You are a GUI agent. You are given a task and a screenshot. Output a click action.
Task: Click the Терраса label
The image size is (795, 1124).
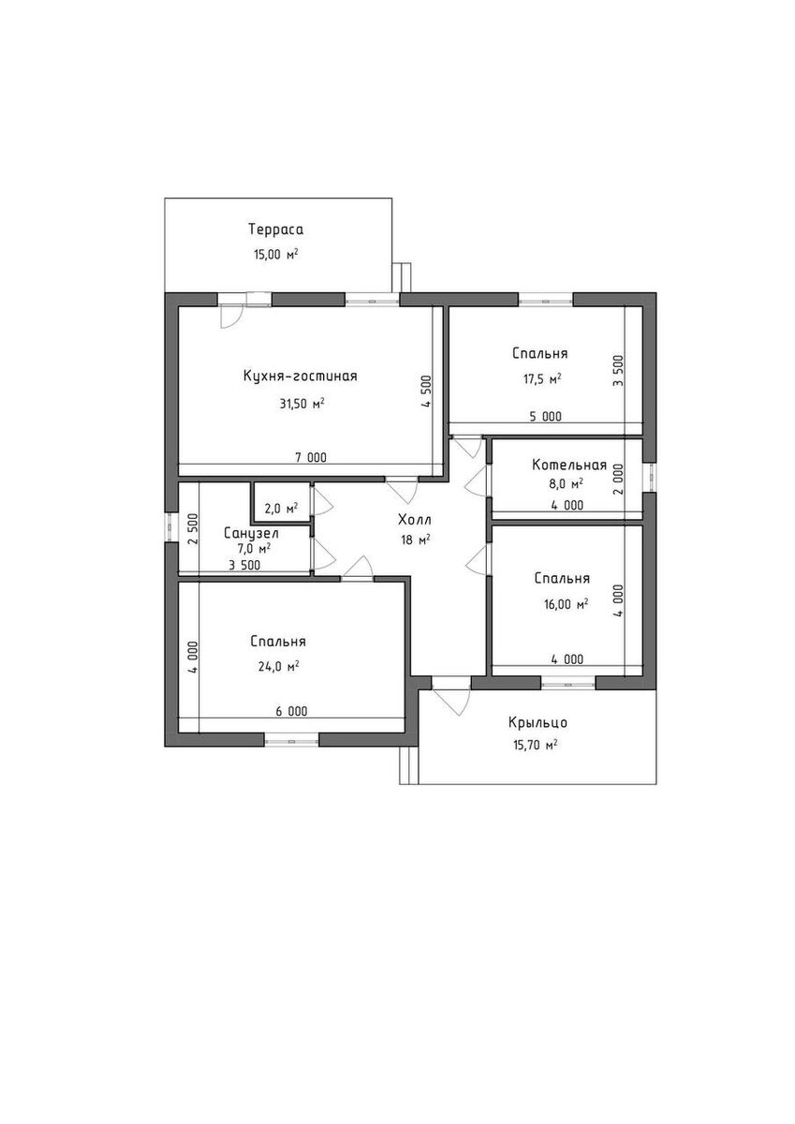pyautogui.click(x=276, y=230)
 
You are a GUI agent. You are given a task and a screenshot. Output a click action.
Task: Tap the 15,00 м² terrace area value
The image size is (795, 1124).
pyautogui.click(x=276, y=255)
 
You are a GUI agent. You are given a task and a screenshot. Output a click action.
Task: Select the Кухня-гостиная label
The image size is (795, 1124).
pyautogui.click(x=300, y=376)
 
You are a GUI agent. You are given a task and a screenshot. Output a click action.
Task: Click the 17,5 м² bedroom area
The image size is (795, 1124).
pyautogui.click(x=542, y=378)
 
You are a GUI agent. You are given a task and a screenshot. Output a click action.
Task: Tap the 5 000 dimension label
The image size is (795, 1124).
pyautogui.click(x=546, y=416)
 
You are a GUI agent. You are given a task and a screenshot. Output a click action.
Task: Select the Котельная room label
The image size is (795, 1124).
pyautogui.click(x=569, y=466)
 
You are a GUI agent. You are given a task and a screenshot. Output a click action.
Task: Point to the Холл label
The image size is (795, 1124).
pyautogui.click(x=414, y=519)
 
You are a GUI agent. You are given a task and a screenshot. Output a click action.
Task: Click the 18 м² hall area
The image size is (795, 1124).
pyautogui.click(x=416, y=540)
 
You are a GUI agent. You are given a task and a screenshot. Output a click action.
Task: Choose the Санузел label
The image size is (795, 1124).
pyautogui.click(x=251, y=533)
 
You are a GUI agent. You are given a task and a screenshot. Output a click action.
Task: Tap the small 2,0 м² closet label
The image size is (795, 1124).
pyautogui.click(x=282, y=509)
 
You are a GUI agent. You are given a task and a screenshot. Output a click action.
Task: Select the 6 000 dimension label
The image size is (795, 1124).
pyautogui.click(x=291, y=711)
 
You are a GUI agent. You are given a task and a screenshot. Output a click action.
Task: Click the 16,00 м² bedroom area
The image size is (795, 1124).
pyautogui.click(x=565, y=604)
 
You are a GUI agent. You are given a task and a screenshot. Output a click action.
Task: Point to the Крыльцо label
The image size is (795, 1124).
pyautogui.click(x=537, y=722)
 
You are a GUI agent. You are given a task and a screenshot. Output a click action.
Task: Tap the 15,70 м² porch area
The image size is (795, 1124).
pyautogui.click(x=536, y=746)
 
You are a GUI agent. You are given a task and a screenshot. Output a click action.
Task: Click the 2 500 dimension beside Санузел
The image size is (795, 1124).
pyautogui.click(x=194, y=528)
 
